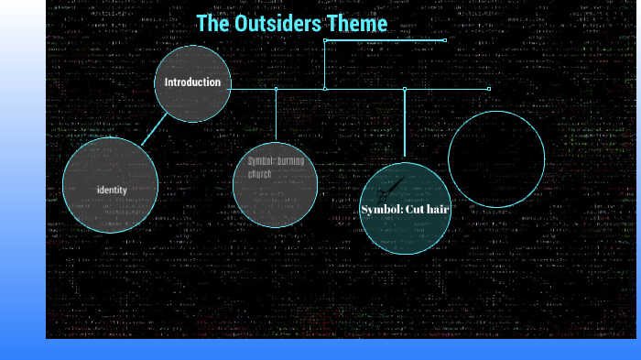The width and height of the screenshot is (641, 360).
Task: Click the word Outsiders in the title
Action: coord(279,24)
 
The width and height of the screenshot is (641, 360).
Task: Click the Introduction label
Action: coord(192,82)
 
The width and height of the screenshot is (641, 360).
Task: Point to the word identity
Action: coord(112,190)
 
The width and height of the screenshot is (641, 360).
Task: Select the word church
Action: coord(260,174)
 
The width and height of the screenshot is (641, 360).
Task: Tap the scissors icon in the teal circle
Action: coord(389,190)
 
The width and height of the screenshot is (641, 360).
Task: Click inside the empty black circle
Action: coord(496,158)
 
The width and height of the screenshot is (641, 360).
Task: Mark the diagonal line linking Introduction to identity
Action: coord(156,129)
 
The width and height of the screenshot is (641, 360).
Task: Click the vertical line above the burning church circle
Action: coord(276,115)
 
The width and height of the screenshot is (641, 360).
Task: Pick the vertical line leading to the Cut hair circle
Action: coord(404,124)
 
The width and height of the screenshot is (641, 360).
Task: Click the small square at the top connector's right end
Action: coord(445,40)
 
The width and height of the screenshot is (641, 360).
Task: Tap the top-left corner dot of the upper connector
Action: coord(325,40)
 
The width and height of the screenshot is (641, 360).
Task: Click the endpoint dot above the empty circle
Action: coord(489,89)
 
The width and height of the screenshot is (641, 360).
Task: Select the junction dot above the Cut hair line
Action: coord(404,89)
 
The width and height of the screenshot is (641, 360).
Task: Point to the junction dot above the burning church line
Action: coord(276,89)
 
